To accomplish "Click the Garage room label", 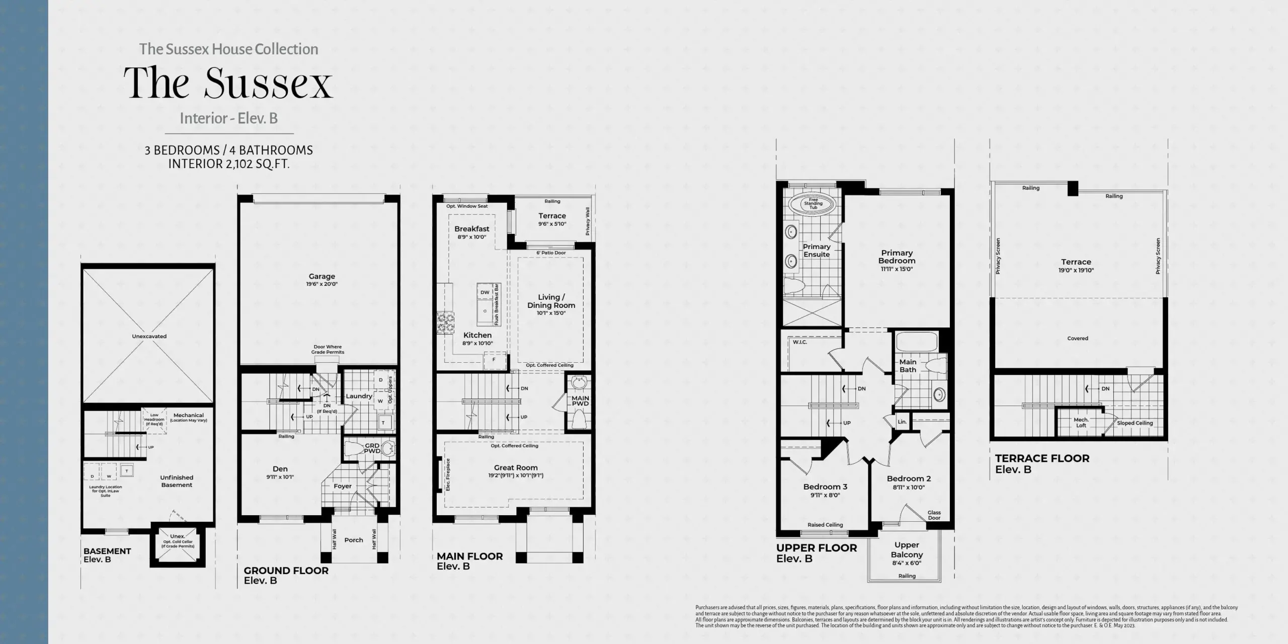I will point(321,276).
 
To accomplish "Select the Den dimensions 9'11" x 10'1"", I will point(280,476).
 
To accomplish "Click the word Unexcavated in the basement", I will point(149,336).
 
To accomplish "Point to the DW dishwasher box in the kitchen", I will point(485,292).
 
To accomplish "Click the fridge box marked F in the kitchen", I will point(494,360).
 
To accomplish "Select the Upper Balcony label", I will point(907,549).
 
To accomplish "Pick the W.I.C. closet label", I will point(799,342).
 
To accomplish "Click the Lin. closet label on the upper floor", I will point(902,422).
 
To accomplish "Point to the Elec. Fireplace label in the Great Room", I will point(448,474).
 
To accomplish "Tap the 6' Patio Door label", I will point(551,253).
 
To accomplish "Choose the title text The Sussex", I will point(228,83).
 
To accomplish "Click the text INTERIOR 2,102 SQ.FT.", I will point(228,164).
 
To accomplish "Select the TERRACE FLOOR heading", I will point(1042,458).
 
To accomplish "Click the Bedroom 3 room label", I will point(825,487).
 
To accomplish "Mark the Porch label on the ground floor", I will point(354,540).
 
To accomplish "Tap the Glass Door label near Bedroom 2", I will point(934,515).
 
